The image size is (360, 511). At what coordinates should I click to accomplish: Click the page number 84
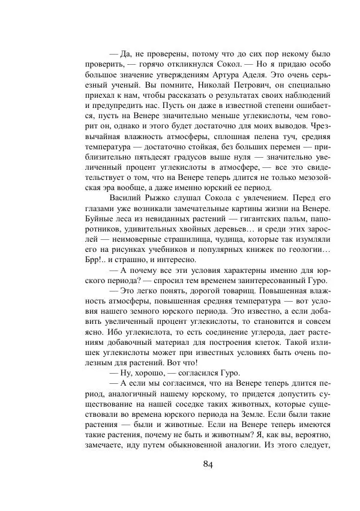(x=208, y=464)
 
